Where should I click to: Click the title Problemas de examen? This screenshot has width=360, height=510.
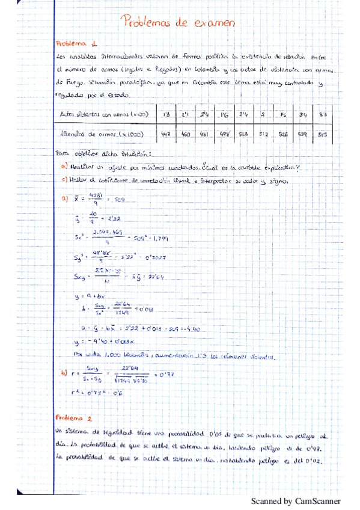point(177,23)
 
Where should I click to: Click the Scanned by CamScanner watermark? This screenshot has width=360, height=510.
point(296,500)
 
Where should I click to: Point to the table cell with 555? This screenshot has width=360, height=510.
point(323,135)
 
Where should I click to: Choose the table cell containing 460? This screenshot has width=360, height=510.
point(186,135)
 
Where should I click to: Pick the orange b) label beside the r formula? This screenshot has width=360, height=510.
point(65,373)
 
